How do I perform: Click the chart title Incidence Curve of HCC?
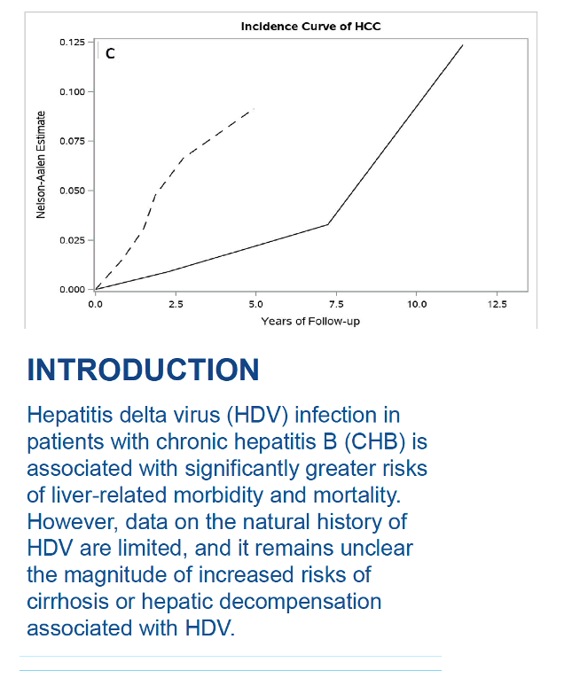click(x=310, y=27)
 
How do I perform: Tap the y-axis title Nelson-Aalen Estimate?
click(x=41, y=165)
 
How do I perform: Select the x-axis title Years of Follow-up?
click(x=310, y=321)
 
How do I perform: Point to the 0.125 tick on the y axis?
click(x=72, y=43)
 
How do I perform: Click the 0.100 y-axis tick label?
click(x=72, y=92)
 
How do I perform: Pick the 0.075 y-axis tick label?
click(x=72, y=141)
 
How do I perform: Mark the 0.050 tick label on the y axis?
click(x=72, y=191)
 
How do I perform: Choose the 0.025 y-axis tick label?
click(x=72, y=240)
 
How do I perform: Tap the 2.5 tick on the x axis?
click(x=176, y=304)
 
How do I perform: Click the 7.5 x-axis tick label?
click(x=336, y=304)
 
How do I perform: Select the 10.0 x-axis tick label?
click(x=417, y=304)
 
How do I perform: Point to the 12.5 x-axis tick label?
click(x=498, y=304)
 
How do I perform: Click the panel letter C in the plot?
click(x=110, y=53)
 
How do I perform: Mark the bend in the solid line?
click(x=328, y=224)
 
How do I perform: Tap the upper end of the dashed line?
click(x=254, y=108)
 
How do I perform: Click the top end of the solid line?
click(x=463, y=44)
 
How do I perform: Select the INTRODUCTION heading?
click(x=143, y=370)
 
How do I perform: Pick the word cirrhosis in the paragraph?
click(x=67, y=602)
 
